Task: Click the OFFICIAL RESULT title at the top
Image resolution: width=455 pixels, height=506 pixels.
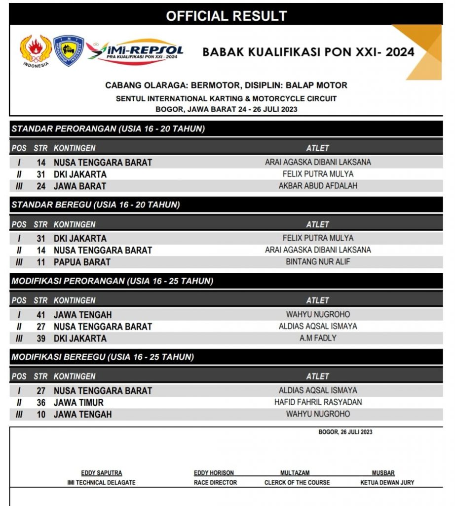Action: click(226, 16)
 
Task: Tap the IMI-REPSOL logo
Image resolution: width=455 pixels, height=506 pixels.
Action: click(135, 51)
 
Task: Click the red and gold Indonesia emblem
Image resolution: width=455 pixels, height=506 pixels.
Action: click(36, 51)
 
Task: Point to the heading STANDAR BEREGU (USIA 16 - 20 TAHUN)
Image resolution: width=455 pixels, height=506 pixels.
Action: click(96, 205)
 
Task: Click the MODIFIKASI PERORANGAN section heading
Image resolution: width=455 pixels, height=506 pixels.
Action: click(113, 281)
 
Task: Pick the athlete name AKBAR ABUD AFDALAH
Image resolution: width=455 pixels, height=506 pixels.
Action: click(318, 186)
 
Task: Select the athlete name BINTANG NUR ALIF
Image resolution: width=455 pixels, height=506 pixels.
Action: click(318, 262)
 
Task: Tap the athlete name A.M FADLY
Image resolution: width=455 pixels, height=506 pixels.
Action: click(318, 338)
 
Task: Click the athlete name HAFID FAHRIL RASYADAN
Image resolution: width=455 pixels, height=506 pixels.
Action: click(318, 402)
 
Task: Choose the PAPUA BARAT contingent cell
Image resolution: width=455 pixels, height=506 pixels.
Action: click(82, 262)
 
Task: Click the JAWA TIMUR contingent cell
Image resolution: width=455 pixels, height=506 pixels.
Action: click(78, 403)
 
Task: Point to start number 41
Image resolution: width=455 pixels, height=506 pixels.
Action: click(41, 315)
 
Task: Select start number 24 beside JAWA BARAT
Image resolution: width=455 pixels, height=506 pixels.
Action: click(41, 186)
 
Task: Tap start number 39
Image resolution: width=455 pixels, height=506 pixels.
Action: click(41, 338)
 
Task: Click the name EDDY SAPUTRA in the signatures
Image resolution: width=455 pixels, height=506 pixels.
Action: click(101, 473)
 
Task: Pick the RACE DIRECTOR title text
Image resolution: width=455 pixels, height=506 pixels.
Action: click(215, 482)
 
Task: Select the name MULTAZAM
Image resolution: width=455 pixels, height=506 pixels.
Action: click(295, 473)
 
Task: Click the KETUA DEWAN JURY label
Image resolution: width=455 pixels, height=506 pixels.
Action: click(387, 482)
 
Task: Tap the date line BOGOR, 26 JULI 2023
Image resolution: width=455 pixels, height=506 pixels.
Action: click(345, 432)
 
